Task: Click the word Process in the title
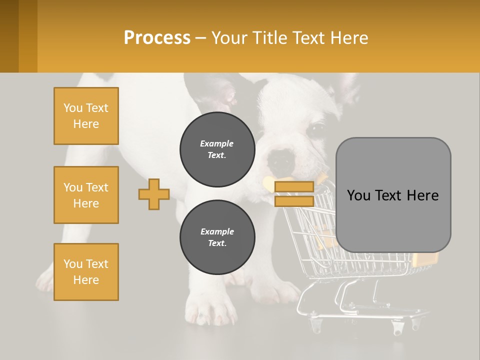157,38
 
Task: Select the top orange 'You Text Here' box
86,116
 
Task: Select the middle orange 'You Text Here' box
86,195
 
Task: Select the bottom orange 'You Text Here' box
86,272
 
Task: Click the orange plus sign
154,194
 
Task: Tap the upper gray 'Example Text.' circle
217,149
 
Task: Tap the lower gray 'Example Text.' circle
217,237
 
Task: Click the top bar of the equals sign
294,187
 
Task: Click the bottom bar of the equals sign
294,201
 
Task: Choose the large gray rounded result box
393,195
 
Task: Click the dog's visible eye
316,129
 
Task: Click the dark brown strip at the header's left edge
9,36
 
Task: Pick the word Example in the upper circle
217,143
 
